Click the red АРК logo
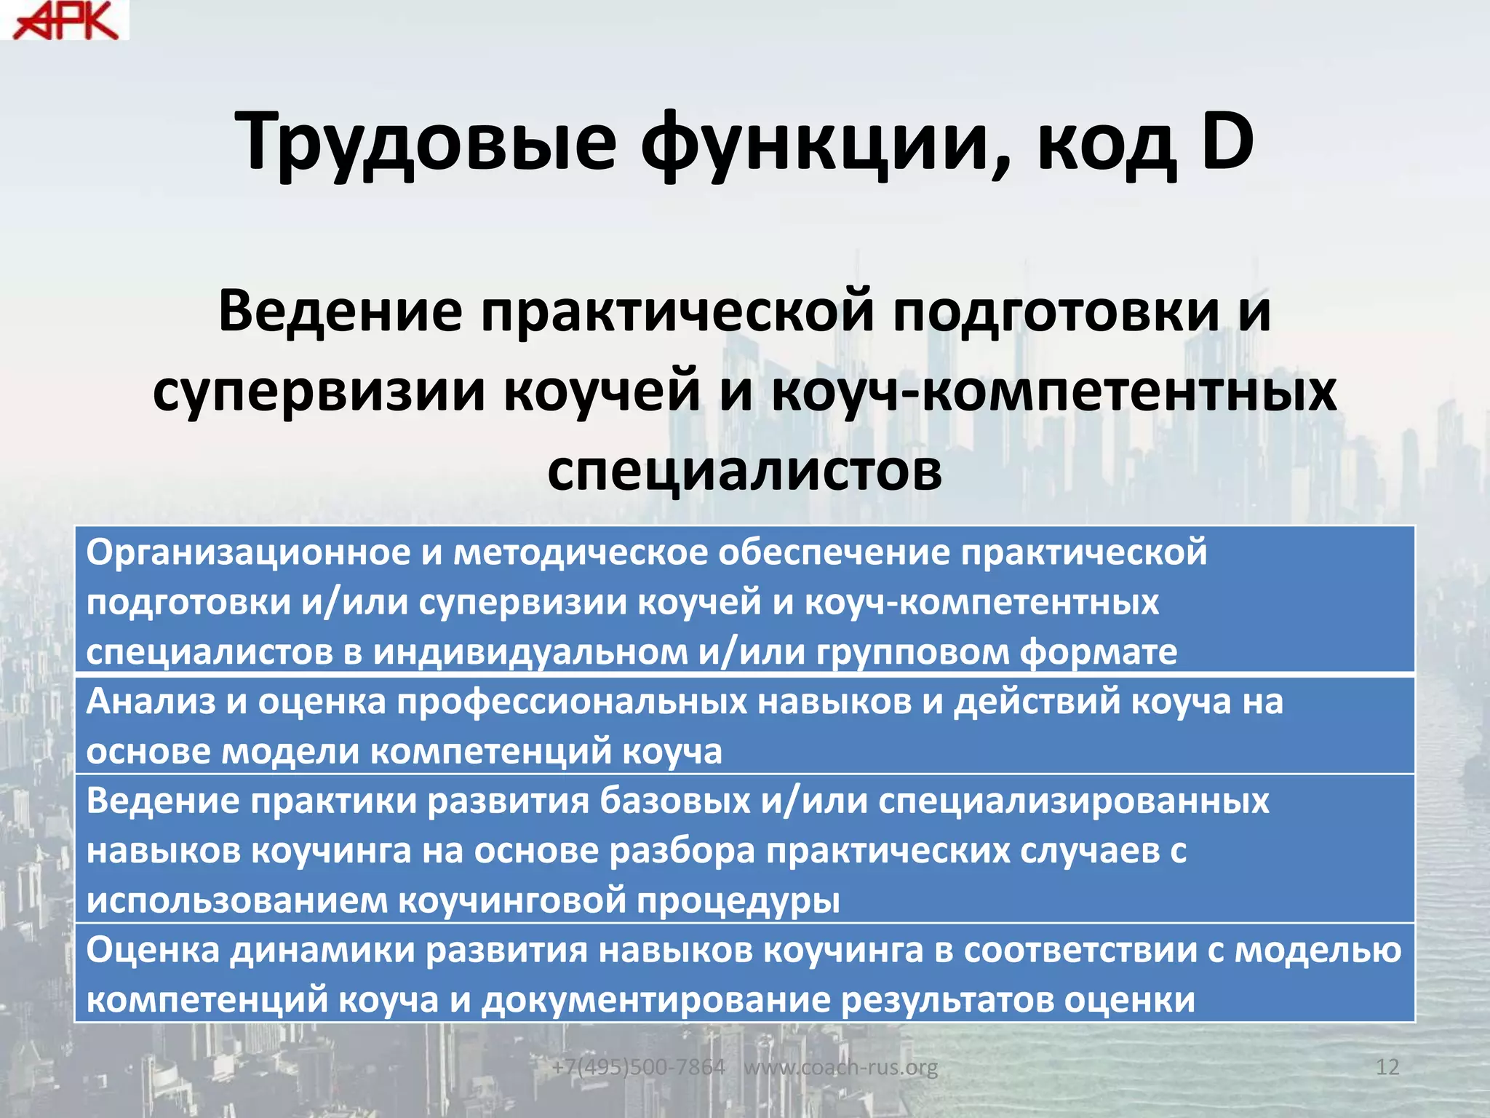click(65, 20)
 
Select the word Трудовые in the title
click(429, 143)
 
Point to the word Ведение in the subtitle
click(340, 312)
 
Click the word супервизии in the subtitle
click(320, 391)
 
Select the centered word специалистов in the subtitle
click(744, 469)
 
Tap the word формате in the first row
click(1098, 651)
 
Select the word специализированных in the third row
click(1073, 801)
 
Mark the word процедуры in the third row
click(738, 900)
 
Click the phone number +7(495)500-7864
click(638, 1067)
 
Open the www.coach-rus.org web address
click(840, 1067)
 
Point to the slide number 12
click(1387, 1067)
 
